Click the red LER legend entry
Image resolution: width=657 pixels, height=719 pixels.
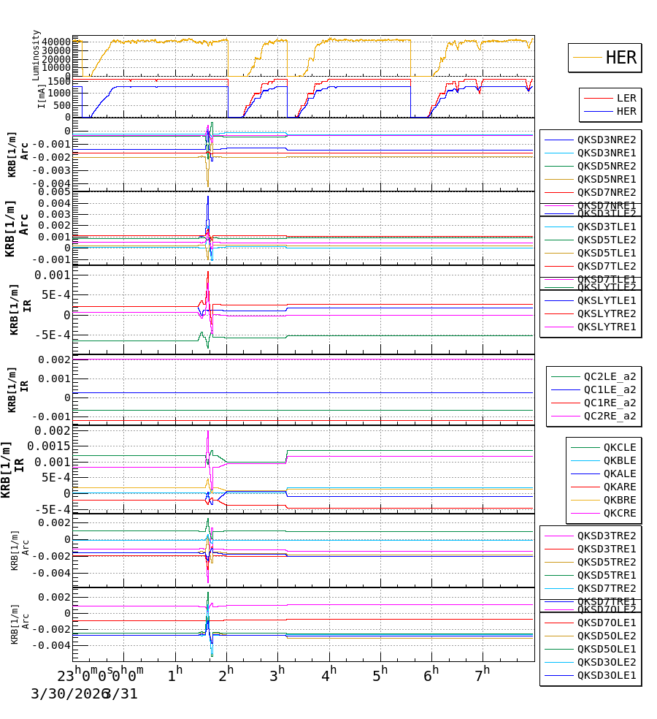(626, 98)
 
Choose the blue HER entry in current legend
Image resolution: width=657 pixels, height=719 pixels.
(626, 112)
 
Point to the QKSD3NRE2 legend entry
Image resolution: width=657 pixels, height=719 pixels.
(606, 140)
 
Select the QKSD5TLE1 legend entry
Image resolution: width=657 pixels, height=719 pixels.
(606, 253)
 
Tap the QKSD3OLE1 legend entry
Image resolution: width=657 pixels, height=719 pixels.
(606, 676)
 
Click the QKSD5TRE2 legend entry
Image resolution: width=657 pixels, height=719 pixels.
(606, 562)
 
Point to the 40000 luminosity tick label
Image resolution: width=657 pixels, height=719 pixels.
(55, 42)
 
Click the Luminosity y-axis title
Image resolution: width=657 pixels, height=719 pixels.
(36, 55)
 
